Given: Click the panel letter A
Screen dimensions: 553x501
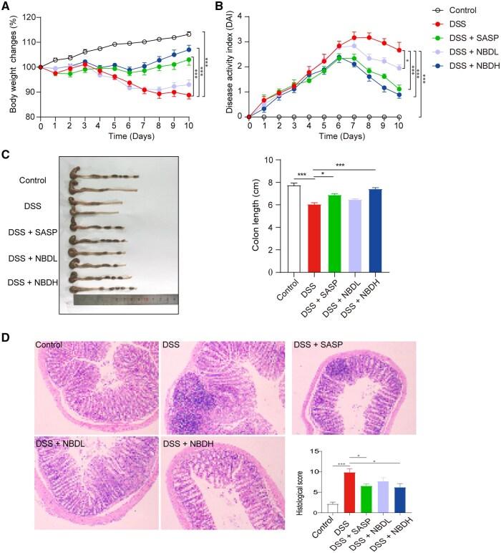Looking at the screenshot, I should click(x=6, y=7).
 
